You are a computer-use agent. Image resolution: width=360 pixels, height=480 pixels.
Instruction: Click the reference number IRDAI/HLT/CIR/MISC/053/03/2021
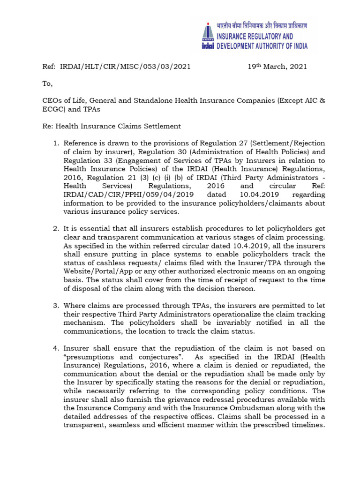coord(125,67)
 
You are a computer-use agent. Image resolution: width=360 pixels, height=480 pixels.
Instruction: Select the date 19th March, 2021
coord(277,67)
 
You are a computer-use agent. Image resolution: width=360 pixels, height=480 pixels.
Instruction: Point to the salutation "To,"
coord(48,84)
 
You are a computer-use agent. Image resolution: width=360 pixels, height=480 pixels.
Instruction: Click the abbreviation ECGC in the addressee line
coord(52,109)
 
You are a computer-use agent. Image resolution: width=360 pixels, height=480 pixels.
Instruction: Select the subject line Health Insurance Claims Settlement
coord(118,126)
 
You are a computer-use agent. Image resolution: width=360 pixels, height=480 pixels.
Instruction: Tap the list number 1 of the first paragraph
coord(56,143)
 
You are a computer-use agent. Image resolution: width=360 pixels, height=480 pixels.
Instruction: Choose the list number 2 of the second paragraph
coord(56,228)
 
